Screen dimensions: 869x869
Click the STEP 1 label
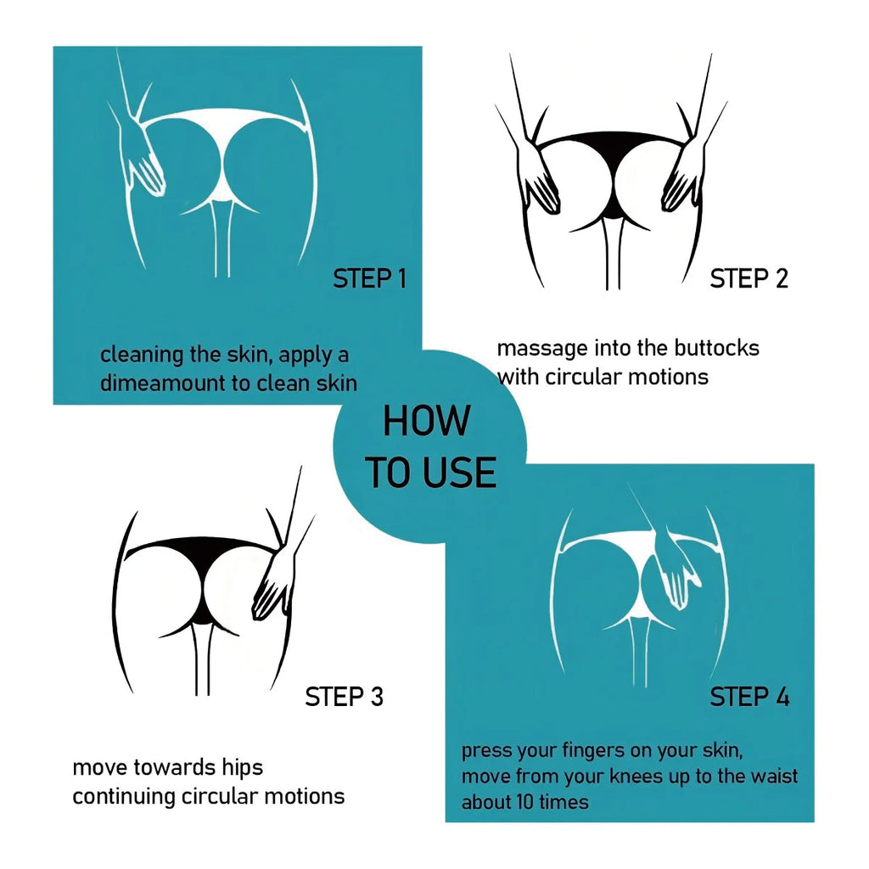click(370, 278)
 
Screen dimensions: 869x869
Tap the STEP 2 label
click(748, 278)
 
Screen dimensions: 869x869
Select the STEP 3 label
click(344, 697)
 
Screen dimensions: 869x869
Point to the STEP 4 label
click(749, 697)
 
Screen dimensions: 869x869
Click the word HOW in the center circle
click(427, 421)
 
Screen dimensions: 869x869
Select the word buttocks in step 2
click(716, 348)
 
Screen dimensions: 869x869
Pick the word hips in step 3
click(242, 768)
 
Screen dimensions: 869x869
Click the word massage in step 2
click(542, 349)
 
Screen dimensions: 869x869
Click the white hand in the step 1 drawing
click(142, 160)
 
